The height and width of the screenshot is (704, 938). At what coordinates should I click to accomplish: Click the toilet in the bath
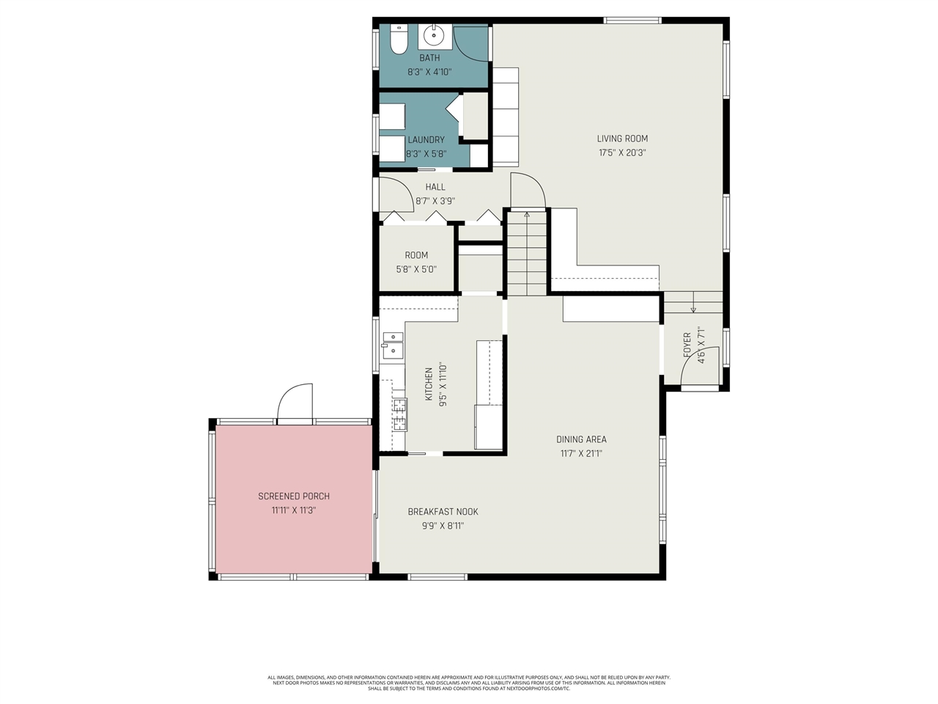(x=398, y=40)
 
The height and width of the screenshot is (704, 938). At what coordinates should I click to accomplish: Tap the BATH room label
(x=429, y=58)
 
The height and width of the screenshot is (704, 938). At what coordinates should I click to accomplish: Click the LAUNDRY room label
(x=426, y=140)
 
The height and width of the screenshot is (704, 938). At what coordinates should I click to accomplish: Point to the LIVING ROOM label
(x=622, y=139)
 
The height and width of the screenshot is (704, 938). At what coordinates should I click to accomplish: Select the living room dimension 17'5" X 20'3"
(x=622, y=153)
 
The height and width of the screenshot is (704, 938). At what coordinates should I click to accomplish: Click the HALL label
(x=435, y=187)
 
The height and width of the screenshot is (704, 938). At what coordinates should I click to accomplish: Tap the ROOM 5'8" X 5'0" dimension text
(x=416, y=269)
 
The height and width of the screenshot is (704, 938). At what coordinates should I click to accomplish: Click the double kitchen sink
(x=392, y=345)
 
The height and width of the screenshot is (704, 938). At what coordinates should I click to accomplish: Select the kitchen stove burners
(x=399, y=414)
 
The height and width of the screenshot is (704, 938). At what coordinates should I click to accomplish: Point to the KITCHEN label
(x=429, y=384)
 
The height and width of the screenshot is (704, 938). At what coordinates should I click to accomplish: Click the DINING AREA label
(x=581, y=439)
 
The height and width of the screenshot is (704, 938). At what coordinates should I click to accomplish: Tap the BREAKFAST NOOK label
(x=443, y=512)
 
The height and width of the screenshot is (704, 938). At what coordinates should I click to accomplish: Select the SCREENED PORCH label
(x=293, y=496)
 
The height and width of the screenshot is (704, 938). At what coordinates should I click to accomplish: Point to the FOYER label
(x=687, y=345)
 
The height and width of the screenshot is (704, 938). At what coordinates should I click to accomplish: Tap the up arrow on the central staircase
(x=526, y=215)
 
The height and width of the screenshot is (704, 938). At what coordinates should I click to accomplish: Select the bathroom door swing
(x=471, y=43)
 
